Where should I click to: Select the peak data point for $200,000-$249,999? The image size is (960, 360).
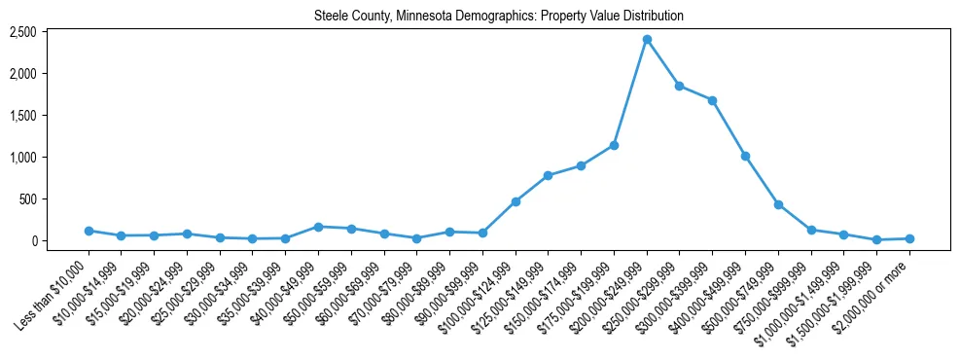pyautogui.click(x=647, y=39)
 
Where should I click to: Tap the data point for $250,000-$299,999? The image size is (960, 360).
pyautogui.click(x=680, y=86)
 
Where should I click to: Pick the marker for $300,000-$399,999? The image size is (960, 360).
pyautogui.click(x=713, y=100)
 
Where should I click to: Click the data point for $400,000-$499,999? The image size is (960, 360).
pyautogui.click(x=745, y=156)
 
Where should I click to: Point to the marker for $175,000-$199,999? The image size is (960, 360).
pyautogui.click(x=614, y=145)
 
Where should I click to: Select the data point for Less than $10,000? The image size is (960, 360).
pyautogui.click(x=89, y=231)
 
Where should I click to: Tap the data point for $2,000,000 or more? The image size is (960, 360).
pyautogui.click(x=909, y=238)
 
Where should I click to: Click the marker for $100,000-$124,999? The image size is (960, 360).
pyautogui.click(x=516, y=201)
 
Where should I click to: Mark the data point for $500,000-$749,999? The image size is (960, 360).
pyautogui.click(x=778, y=204)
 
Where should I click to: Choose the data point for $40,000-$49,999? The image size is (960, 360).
pyautogui.click(x=318, y=227)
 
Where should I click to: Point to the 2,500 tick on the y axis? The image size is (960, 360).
pyautogui.click(x=22, y=32)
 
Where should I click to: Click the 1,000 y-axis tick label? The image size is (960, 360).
pyautogui.click(x=22, y=158)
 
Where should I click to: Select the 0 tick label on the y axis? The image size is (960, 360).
pyautogui.click(x=32, y=241)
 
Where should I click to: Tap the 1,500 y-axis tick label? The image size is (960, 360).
pyautogui.click(x=22, y=116)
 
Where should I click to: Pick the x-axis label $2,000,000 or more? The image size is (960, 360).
pyautogui.click(x=875, y=288)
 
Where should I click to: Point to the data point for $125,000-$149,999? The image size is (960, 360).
pyautogui.click(x=549, y=175)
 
